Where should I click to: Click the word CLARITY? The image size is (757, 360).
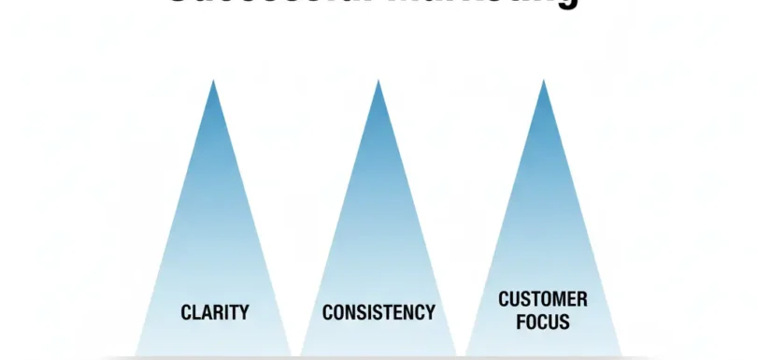pos(214,311)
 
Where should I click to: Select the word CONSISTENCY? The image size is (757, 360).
pos(378,311)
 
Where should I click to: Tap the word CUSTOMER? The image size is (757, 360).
pos(543,300)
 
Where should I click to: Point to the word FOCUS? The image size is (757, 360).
pos(543,323)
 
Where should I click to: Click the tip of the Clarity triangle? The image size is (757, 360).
pos(214,81)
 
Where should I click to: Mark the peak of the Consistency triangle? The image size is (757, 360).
pos(378,81)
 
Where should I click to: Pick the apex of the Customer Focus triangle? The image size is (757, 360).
pos(543,81)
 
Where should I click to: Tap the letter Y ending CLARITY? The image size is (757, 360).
pos(244,311)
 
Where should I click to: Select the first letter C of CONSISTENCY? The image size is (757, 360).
pos(327,311)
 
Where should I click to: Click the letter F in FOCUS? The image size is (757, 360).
pos(521,323)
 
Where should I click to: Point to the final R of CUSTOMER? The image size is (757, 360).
pos(582,300)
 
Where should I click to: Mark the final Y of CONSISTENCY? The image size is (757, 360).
pos(430,311)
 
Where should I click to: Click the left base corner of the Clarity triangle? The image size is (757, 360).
pos(136,354)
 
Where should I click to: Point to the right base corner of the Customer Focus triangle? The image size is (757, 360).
pos(621,354)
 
